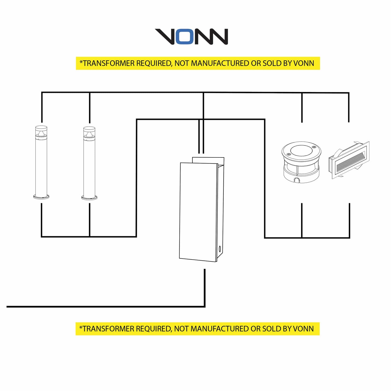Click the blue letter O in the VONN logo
(185, 37)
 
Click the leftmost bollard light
(41, 163)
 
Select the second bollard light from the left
(89, 163)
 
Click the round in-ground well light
(301, 162)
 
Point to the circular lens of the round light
(301, 150)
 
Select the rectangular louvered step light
(349, 160)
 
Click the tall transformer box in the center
(202, 209)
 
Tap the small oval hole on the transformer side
(220, 249)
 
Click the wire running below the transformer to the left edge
(106, 307)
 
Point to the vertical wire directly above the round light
(302, 108)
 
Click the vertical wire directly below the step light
(349, 221)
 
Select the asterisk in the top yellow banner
(81, 62)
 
